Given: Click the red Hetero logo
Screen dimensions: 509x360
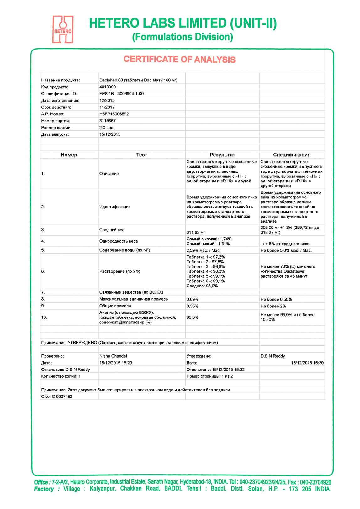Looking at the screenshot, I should click(63, 29).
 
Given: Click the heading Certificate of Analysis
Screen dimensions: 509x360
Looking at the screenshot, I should click(179, 59).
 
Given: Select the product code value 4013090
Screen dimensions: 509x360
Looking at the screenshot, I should click(108, 87).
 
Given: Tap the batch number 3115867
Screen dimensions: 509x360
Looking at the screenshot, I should click(108, 121).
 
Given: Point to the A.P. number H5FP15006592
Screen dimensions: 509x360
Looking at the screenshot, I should click(114, 114).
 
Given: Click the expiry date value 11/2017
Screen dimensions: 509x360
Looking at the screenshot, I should click(107, 107).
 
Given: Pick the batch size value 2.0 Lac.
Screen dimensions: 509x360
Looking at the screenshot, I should click(107, 128).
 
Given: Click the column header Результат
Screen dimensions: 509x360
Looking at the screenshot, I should click(222, 155).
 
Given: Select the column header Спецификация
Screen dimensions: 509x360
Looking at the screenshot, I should click(292, 155).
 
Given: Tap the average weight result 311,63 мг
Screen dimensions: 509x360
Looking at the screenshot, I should click(196, 232).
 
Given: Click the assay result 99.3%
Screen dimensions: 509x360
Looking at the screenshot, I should click(192, 317).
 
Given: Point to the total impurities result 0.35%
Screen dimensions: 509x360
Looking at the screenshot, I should click(192, 306).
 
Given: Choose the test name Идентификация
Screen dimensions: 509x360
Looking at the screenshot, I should click(115, 207).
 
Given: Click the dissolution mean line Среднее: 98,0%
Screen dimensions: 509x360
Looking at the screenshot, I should click(202, 286).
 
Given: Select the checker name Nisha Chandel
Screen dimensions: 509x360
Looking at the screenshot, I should click(113, 356).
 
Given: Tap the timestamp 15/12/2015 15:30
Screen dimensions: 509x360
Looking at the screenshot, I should click(307, 363).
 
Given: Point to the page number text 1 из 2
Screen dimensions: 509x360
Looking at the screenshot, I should click(227, 376).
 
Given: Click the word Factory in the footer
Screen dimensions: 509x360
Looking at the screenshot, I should click(44, 489).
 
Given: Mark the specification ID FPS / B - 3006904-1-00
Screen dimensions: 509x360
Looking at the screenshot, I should click(121, 94).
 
